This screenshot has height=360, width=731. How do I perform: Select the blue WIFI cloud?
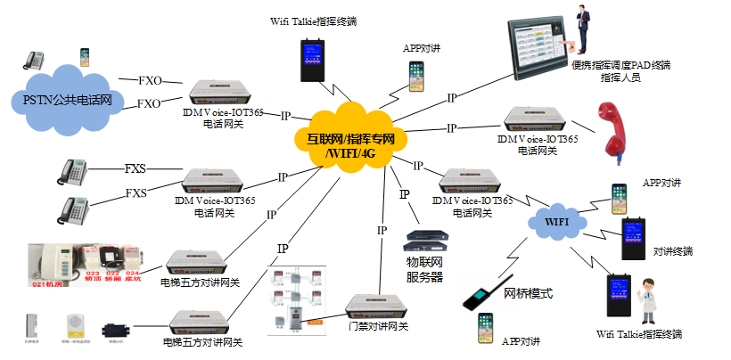coord(556,219)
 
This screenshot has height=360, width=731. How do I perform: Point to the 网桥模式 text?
coord(529,293)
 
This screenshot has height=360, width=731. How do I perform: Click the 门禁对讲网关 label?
coord(378,326)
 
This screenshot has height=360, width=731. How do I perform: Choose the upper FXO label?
coord(150,80)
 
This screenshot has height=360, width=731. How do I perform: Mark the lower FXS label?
coord(136,193)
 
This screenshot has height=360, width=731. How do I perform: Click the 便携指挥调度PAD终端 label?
coord(620,66)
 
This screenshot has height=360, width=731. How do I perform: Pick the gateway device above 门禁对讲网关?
coord(378,303)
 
